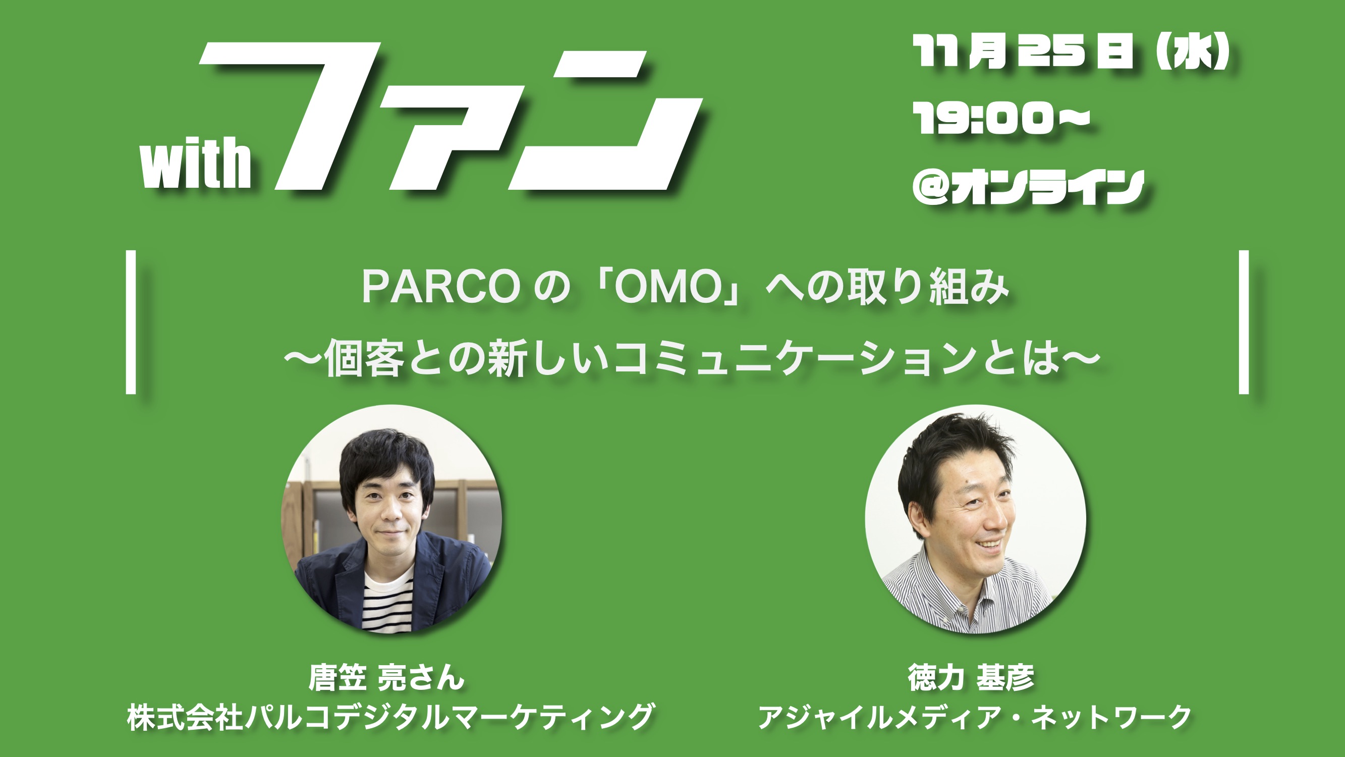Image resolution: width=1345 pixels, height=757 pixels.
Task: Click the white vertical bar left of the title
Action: (131, 322)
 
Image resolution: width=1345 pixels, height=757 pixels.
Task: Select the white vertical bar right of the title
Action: (1244, 322)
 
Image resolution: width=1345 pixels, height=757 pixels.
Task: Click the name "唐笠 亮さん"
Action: (386, 678)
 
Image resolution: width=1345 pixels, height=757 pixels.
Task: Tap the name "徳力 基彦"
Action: (971, 678)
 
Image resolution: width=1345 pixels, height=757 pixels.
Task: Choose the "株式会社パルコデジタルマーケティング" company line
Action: (390, 716)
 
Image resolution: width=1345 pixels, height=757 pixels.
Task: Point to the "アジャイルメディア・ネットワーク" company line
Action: (974, 716)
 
